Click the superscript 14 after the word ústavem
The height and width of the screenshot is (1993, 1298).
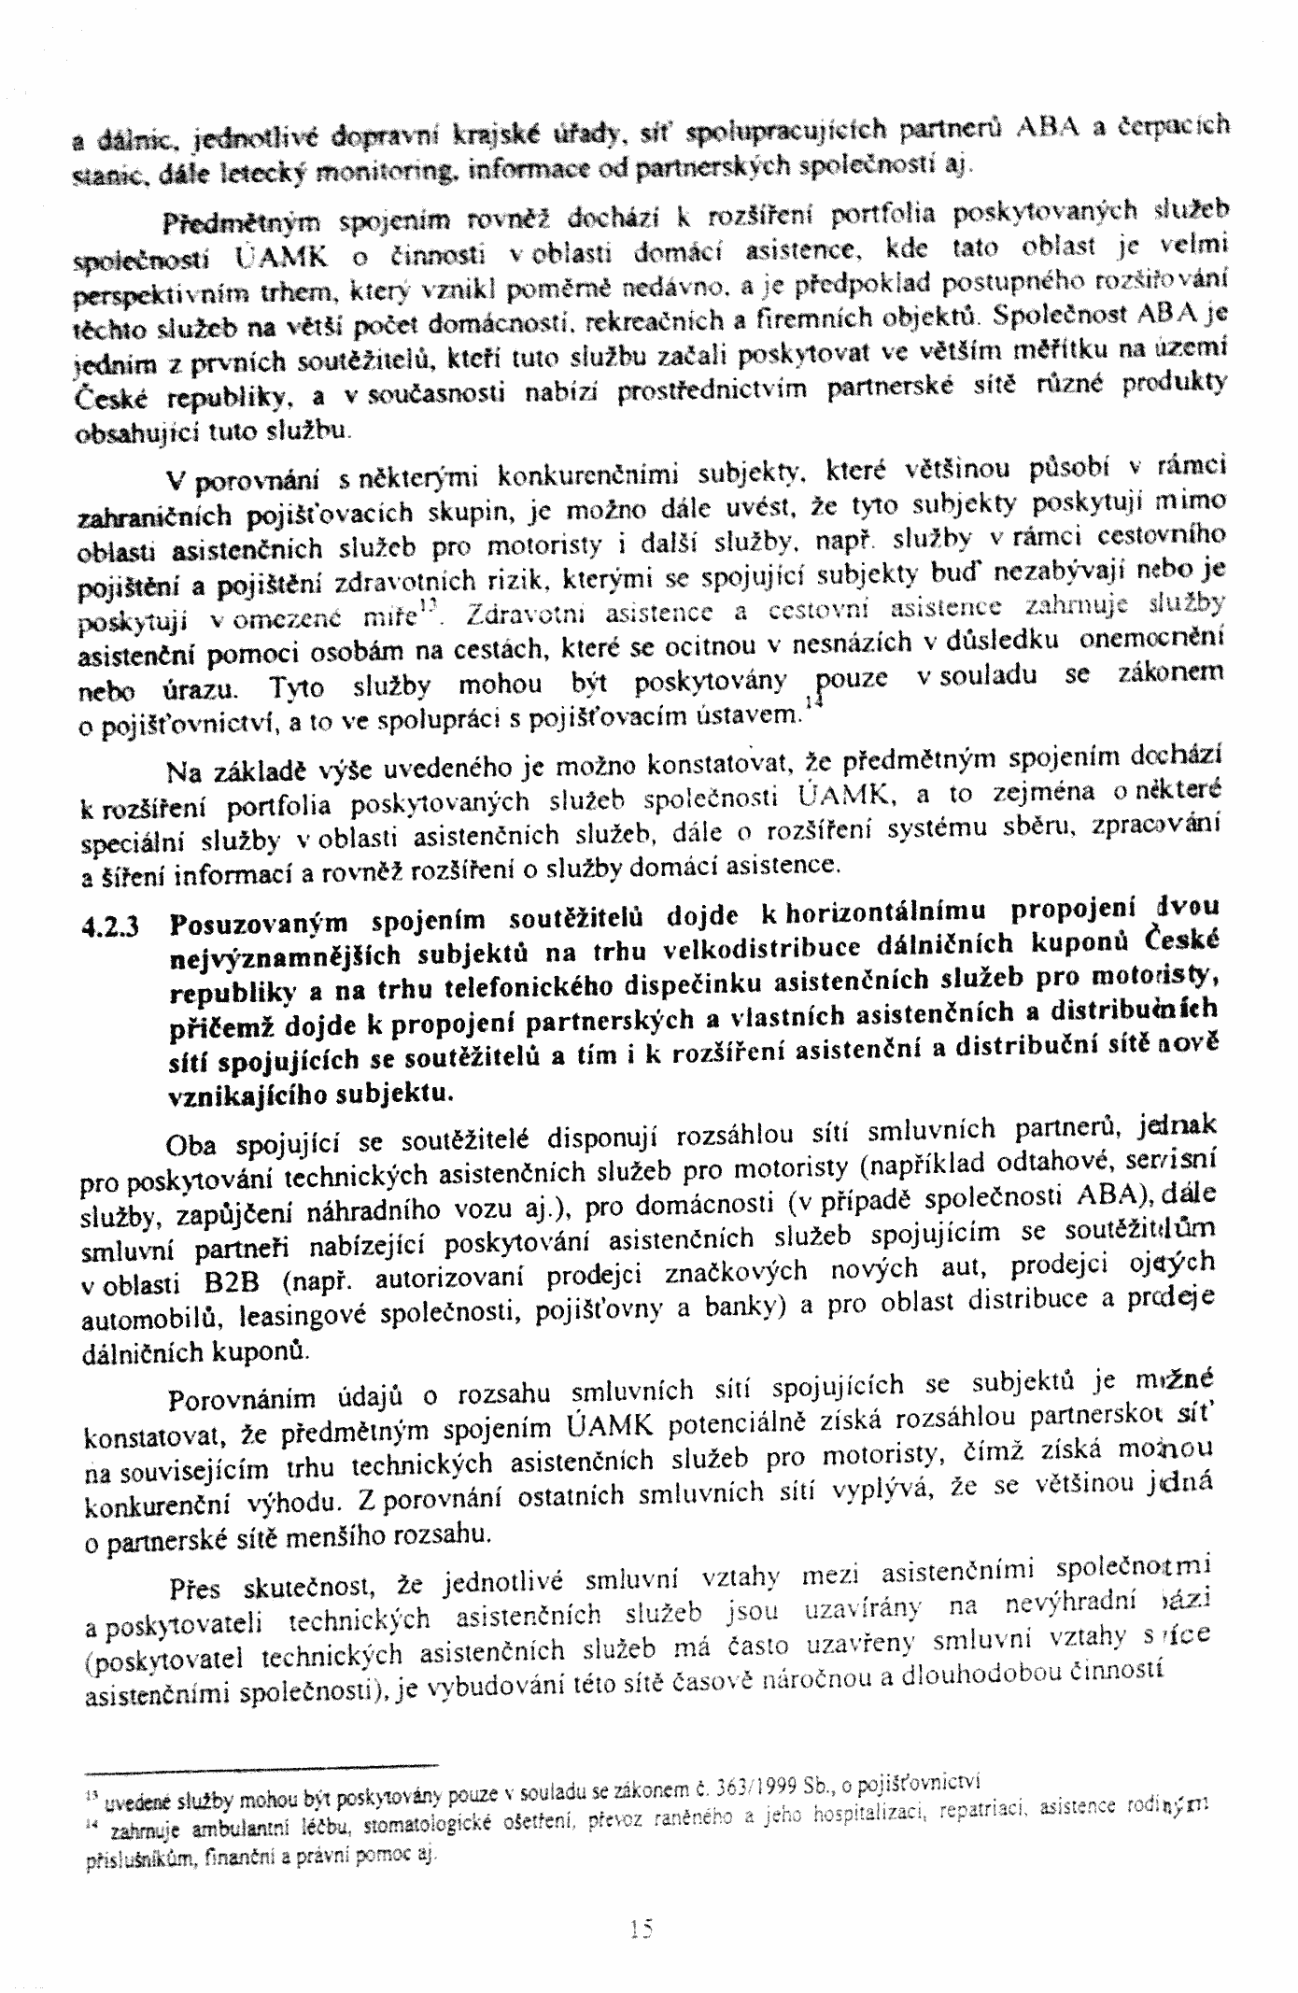[x=811, y=707]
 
